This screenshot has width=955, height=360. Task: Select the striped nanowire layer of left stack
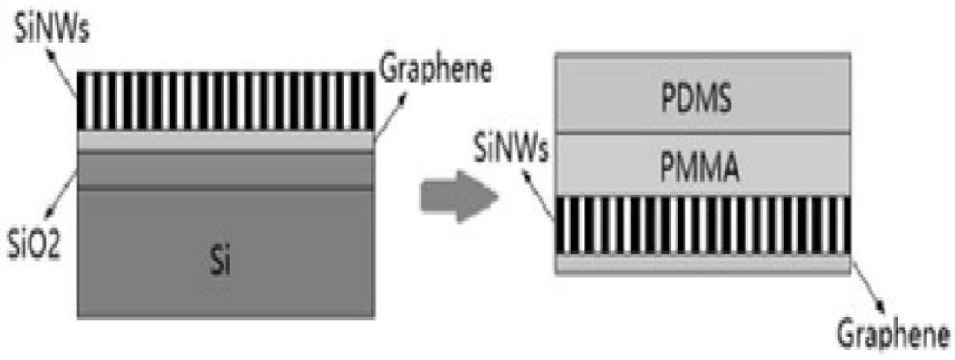[x=225, y=101]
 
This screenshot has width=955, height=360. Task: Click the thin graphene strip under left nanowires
[x=225, y=140]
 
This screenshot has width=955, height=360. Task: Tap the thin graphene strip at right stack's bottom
[x=703, y=264]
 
